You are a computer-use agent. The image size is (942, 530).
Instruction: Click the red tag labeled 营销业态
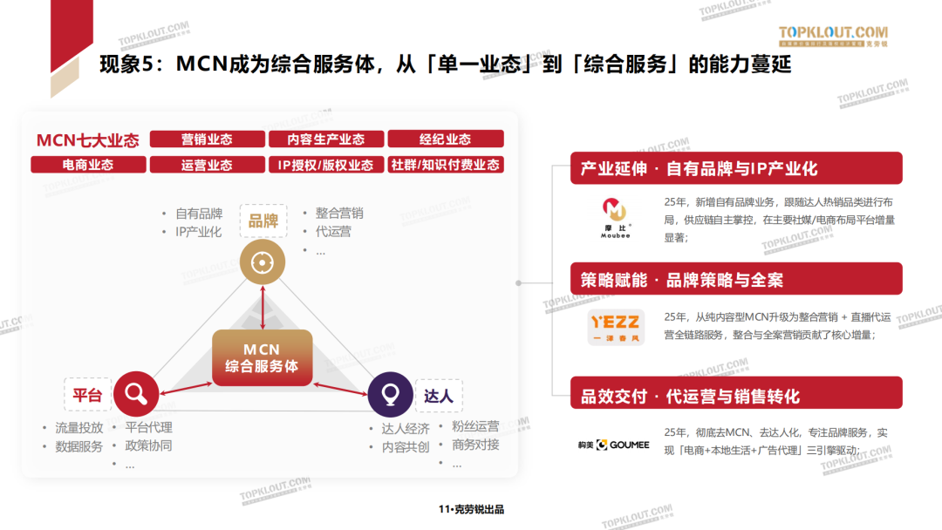207,139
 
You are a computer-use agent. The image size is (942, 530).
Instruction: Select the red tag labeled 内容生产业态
325,139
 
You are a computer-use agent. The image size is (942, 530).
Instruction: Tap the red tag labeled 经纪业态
445,139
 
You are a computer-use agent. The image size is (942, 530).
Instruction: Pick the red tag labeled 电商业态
87,165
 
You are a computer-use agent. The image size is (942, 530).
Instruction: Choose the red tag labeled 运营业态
207,165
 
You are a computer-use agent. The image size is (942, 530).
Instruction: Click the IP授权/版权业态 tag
325,165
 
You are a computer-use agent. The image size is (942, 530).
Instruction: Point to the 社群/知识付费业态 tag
445,165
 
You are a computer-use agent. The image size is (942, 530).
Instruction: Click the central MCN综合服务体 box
262,357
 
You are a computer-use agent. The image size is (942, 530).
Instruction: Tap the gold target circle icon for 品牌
263,262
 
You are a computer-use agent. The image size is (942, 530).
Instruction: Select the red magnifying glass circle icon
135,395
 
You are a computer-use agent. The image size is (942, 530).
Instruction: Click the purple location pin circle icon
390,395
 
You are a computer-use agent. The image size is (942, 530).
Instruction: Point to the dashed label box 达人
439,396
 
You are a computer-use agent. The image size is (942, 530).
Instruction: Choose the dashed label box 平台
87,396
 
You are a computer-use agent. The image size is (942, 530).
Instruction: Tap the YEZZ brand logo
616,327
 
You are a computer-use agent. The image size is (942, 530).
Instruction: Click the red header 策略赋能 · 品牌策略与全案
736,280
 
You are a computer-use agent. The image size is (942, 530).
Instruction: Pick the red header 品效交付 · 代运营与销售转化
736,397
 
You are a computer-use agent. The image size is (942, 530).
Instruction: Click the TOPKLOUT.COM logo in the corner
832,35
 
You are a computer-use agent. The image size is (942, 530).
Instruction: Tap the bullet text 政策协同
148,445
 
